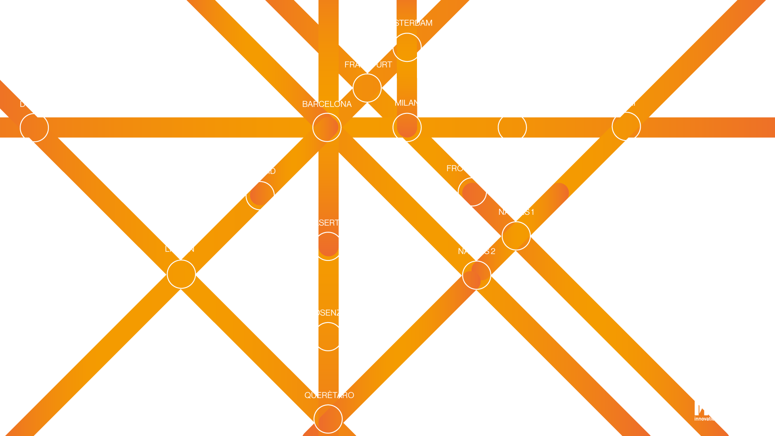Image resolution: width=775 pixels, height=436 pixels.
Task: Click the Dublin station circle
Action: [x=34, y=128]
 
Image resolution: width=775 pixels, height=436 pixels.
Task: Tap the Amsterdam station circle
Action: [x=407, y=47]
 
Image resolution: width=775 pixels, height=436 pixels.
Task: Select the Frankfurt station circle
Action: [x=367, y=88]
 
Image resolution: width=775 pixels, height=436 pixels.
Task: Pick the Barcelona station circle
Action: [x=327, y=128]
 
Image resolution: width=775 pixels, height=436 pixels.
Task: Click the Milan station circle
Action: [x=407, y=128]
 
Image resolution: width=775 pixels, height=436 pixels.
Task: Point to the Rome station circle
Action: [x=512, y=128]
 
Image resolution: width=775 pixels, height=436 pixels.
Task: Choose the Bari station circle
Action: [x=626, y=127]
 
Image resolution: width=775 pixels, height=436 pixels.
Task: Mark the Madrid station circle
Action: [x=260, y=196]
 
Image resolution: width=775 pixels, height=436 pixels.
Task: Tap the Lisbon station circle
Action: [x=181, y=275]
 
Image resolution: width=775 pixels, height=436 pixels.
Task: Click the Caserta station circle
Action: [x=328, y=246]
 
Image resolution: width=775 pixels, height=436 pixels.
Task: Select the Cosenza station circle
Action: [x=328, y=337]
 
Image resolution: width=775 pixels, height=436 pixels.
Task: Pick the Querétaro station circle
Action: [x=328, y=419]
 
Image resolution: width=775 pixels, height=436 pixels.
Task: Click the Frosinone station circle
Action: [x=472, y=192]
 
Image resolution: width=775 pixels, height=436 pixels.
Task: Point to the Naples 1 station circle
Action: [x=516, y=236]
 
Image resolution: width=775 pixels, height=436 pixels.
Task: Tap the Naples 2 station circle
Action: [x=477, y=275]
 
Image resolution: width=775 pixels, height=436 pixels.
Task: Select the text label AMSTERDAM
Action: [x=407, y=23]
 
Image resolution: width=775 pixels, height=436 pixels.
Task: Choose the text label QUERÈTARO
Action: [x=329, y=395]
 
